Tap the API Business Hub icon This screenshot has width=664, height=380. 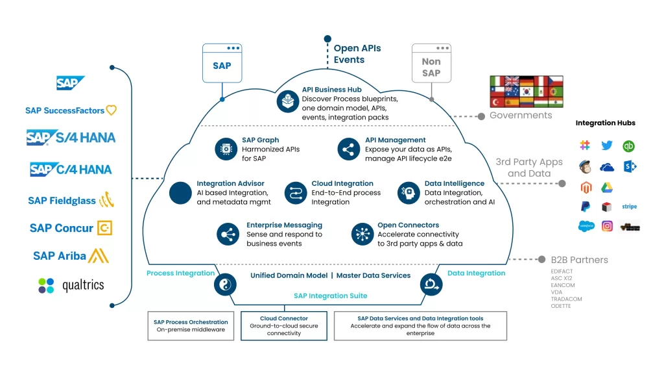(x=287, y=102)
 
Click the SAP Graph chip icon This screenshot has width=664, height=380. (x=226, y=149)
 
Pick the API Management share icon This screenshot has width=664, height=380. (x=349, y=149)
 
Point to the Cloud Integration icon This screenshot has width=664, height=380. (x=296, y=193)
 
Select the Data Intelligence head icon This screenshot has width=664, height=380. (x=409, y=193)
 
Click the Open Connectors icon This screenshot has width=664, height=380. (x=362, y=234)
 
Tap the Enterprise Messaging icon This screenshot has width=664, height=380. (x=229, y=234)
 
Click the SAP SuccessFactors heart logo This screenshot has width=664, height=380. (x=112, y=110)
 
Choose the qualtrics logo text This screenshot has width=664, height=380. (x=83, y=285)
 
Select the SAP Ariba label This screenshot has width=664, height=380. (x=60, y=256)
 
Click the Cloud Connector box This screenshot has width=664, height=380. (x=284, y=326)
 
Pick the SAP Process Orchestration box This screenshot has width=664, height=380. (x=191, y=326)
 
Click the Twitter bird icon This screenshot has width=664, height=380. (x=607, y=146)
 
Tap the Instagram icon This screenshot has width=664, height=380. (x=607, y=226)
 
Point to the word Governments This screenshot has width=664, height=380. (x=521, y=116)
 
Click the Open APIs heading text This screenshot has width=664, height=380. (x=357, y=48)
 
